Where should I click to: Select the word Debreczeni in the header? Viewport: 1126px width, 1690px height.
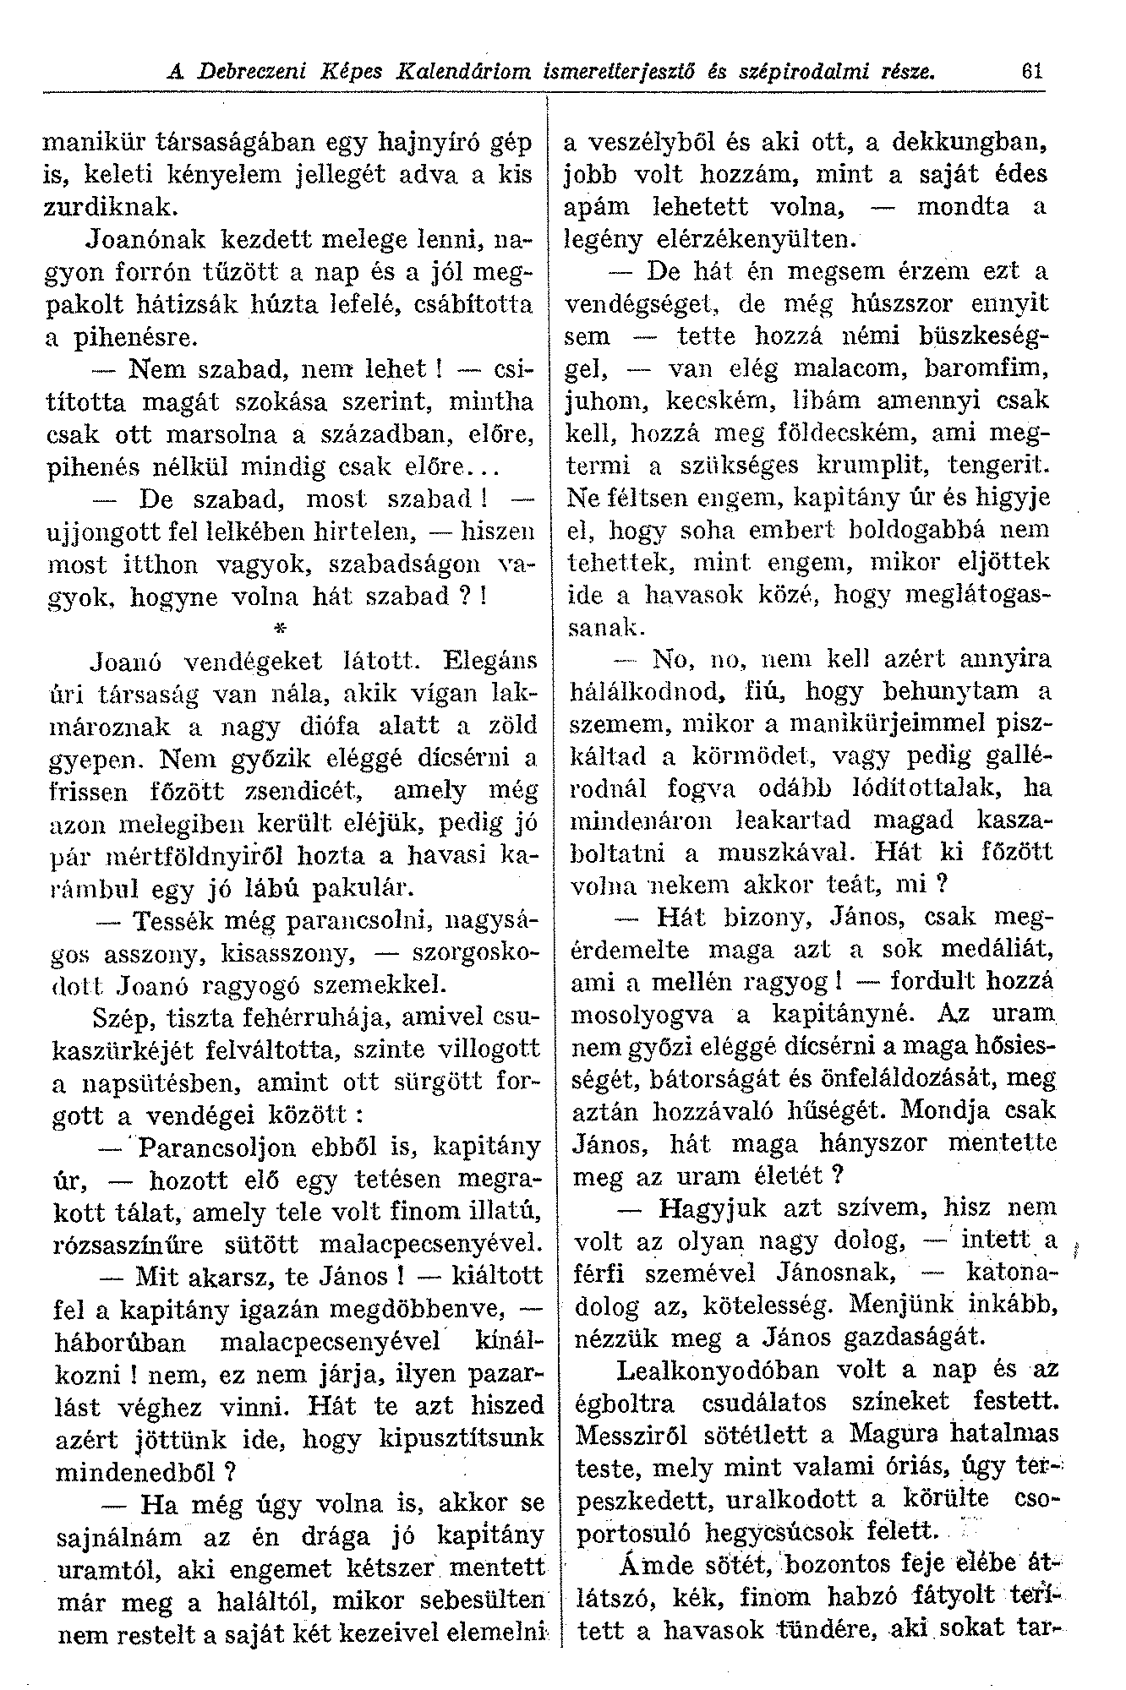248,72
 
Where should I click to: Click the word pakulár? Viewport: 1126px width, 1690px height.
363,888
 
